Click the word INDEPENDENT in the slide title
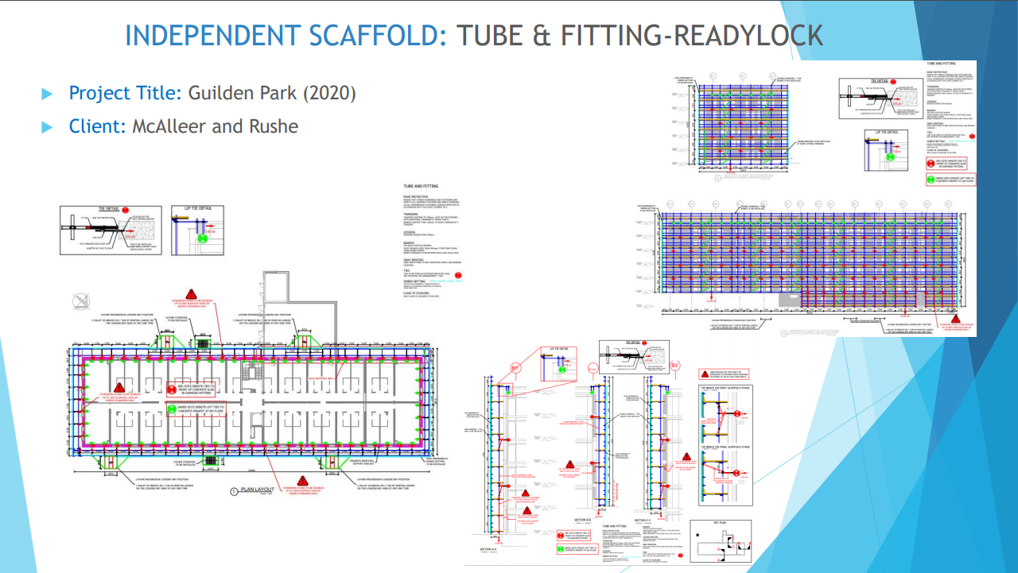212,36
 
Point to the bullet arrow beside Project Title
47,94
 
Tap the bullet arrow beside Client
47,126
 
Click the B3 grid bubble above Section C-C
674,366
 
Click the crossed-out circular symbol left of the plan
80,301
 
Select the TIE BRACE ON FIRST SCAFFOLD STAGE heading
728,389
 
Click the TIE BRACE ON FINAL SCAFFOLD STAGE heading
728,447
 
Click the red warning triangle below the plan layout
302,481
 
